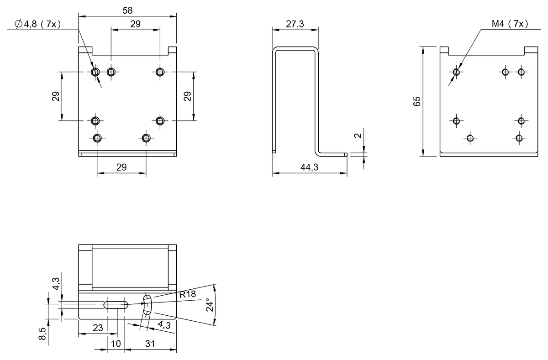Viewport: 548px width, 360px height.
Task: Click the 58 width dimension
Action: click(127, 10)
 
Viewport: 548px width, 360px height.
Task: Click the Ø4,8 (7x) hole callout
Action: click(38, 24)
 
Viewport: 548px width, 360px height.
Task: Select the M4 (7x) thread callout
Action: click(510, 24)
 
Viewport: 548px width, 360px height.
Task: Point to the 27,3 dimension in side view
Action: click(295, 24)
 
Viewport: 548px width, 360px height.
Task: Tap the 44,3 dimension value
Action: click(309, 168)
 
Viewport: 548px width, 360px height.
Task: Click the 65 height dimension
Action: click(417, 101)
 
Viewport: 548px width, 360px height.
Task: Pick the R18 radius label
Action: click(187, 294)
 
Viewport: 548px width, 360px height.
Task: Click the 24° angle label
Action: click(209, 305)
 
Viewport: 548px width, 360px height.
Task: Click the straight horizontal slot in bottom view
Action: click(116, 304)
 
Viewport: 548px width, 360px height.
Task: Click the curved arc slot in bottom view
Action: click(147, 304)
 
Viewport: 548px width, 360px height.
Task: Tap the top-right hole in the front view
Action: click(160, 72)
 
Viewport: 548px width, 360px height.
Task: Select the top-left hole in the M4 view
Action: click(456, 72)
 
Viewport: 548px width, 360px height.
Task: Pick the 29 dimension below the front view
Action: click(121, 167)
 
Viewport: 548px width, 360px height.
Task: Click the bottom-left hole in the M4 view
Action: click(470, 137)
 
